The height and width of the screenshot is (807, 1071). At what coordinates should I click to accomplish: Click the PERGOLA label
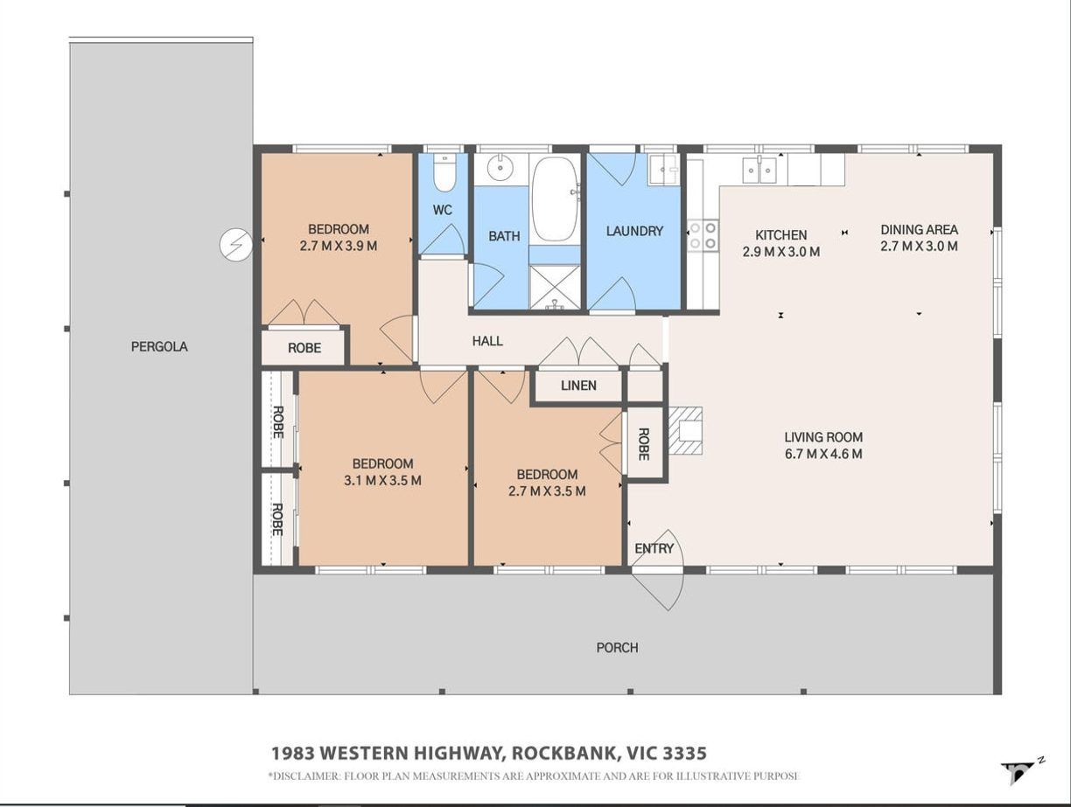(159, 347)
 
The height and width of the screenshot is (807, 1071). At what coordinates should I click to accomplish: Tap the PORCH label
(617, 648)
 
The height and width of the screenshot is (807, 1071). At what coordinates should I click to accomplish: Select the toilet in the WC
(444, 172)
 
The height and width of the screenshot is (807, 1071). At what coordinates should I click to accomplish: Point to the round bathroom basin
(500, 169)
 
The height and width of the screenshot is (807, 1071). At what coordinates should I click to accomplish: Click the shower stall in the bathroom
(554, 287)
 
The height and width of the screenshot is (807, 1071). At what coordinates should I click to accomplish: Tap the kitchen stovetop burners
(703, 235)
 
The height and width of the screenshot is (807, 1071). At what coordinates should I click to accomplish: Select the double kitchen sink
(759, 170)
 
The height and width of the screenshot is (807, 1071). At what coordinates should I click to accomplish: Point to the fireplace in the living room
(685, 431)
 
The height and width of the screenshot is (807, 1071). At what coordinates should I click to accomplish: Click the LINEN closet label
(578, 386)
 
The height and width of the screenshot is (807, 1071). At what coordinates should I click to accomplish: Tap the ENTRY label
(654, 549)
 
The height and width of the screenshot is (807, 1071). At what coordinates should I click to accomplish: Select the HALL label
(487, 341)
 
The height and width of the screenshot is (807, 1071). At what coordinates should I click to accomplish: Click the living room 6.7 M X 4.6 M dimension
(823, 454)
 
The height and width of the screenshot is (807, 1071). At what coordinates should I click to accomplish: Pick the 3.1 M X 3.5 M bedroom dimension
(382, 481)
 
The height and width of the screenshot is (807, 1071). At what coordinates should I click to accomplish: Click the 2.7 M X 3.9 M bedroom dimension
(339, 246)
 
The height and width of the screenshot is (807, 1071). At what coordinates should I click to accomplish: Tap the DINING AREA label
(920, 230)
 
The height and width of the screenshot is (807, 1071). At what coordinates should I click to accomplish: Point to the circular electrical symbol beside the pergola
(235, 244)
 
